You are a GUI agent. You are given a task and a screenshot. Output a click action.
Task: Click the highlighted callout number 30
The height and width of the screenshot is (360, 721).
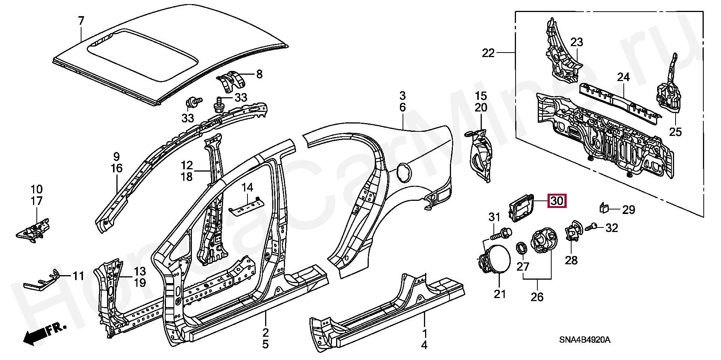pos(557,201)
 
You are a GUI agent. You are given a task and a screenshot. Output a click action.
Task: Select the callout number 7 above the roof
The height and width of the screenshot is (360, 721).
pos(81,21)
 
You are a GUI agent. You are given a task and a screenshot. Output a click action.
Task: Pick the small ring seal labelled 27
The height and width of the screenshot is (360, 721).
pos(521,248)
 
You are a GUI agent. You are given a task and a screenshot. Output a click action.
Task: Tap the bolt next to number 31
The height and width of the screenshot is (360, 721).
pos(499,234)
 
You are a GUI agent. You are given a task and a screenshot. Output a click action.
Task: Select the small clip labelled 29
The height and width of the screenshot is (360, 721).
pos(603,208)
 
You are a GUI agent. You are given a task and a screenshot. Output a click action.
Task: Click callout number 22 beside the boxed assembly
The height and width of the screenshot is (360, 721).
pos(489,53)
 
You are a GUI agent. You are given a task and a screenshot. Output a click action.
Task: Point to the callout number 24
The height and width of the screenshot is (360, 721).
pos(623,77)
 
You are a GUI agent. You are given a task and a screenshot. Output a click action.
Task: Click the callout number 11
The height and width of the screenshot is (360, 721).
pos(78,276)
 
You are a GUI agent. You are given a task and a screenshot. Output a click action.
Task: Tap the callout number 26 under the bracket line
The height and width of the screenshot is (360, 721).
pos(537,297)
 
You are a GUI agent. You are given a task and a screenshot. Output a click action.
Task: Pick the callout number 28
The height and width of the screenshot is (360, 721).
pos(571,260)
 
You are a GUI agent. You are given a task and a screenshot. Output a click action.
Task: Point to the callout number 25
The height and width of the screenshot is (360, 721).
pos(676,132)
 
